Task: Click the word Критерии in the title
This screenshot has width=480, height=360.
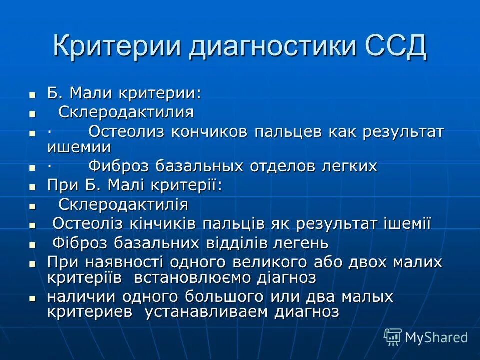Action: pos(116,46)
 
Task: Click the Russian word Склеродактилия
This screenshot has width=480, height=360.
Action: pos(126,112)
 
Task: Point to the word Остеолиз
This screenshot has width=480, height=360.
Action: pos(127,132)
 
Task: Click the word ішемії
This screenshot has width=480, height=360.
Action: pos(406,224)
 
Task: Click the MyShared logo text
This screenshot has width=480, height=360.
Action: pos(436,337)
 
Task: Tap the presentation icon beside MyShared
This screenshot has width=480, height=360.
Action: pos(393,337)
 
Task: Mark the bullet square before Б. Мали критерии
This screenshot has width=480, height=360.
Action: pos(33,94)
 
